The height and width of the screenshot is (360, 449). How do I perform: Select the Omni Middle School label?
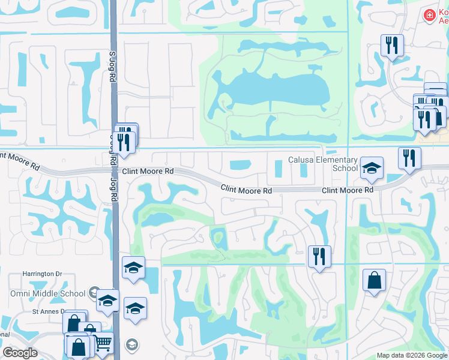pyautogui.click(x=47, y=293)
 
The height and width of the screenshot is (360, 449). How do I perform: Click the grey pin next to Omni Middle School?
pyautogui.click(x=94, y=293)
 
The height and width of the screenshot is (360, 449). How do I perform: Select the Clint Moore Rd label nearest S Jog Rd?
pyautogui.click(x=148, y=171)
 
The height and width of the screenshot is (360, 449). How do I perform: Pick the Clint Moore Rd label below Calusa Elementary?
pyautogui.click(x=348, y=190)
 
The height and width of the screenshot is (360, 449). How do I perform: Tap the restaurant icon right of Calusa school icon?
pyautogui.click(x=409, y=158)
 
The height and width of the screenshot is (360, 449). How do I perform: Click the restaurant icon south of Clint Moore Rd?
pyautogui.click(x=319, y=256)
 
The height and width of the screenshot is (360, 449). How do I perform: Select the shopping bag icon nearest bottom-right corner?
pyautogui.click(x=374, y=280)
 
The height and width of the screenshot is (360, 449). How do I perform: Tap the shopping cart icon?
pyautogui.click(x=103, y=343)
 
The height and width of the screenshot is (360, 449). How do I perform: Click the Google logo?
pyautogui.click(x=20, y=353)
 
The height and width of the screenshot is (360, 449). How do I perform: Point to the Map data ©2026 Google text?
pyautogui.click(x=411, y=355)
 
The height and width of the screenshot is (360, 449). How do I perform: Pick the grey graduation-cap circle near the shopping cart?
pyautogui.click(x=132, y=345)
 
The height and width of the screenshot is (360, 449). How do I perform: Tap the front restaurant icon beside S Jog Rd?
pyautogui.click(x=123, y=143)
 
